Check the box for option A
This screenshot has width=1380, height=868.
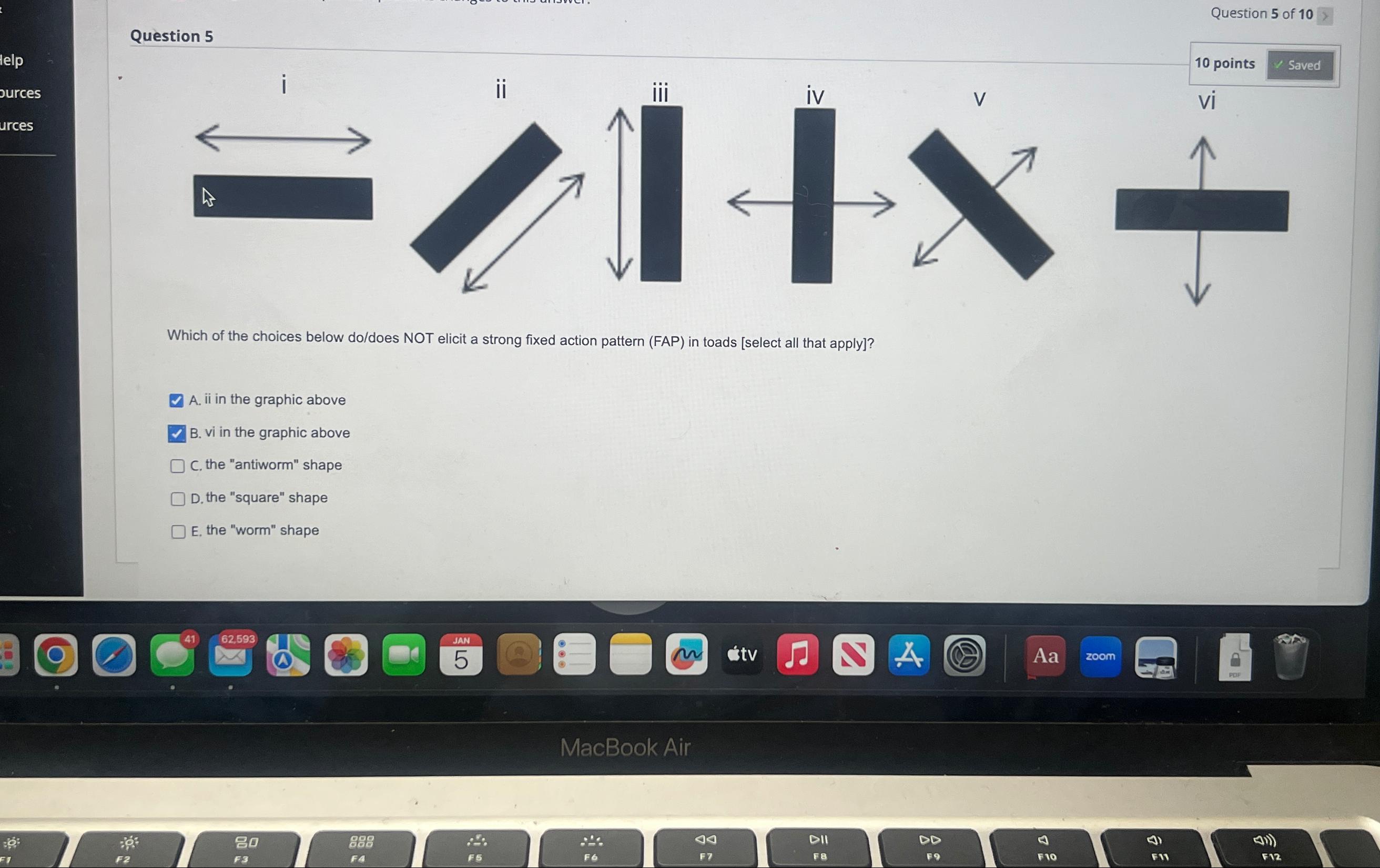pyautogui.click(x=177, y=400)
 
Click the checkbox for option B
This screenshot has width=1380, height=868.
pyautogui.click(x=177, y=433)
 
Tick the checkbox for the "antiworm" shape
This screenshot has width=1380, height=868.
pyautogui.click(x=178, y=466)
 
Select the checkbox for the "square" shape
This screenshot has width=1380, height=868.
pyautogui.click(x=178, y=499)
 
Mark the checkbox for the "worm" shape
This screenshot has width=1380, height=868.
pyautogui.click(x=178, y=531)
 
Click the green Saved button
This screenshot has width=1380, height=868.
pyautogui.click(x=1299, y=65)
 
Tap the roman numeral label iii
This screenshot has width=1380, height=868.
pyautogui.click(x=660, y=93)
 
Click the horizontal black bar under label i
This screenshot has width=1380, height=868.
pyautogui.click(x=283, y=198)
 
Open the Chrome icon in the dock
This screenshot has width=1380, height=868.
pyautogui.click(x=56, y=655)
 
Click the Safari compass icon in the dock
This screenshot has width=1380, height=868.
pyautogui.click(x=114, y=655)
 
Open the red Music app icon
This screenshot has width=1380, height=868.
pyautogui.click(x=797, y=655)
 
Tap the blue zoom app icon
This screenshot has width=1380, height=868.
pyautogui.click(x=1100, y=656)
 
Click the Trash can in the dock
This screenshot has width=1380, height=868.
pyautogui.click(x=1291, y=657)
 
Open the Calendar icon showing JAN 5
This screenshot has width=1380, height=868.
pyautogui.click(x=461, y=655)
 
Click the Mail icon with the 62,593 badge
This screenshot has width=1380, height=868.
pyautogui.click(x=230, y=655)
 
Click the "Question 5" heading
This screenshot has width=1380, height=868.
pyautogui.click(x=171, y=36)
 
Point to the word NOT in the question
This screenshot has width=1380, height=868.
pyautogui.click(x=418, y=338)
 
